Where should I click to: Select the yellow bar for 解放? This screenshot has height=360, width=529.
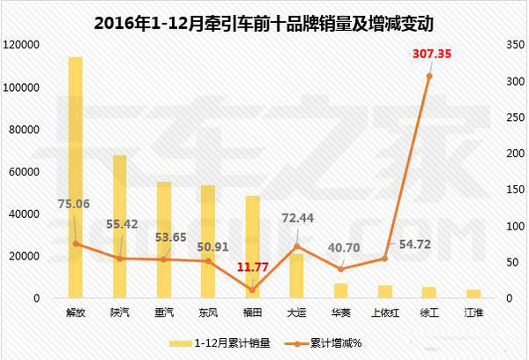tap(76, 176)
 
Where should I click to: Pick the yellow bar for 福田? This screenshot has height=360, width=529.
tap(252, 247)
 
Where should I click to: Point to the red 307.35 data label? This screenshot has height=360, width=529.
tap(432, 55)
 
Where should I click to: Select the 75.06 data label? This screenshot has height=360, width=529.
tap(76, 204)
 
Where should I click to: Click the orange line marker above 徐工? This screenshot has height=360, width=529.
tap(429, 76)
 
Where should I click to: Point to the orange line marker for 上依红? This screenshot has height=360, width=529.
tap(385, 259)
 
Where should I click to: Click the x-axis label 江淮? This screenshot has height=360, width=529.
tap(473, 312)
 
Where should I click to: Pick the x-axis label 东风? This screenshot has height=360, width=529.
tap(208, 312)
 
